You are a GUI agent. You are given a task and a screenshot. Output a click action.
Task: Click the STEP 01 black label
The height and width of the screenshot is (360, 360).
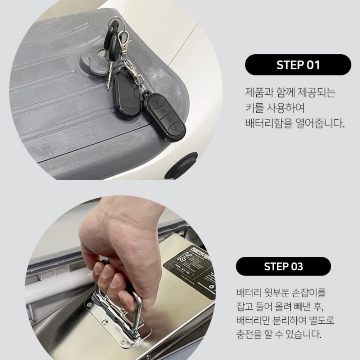click(x=298, y=65)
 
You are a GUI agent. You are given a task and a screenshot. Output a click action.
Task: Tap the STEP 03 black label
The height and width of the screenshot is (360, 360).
click(x=283, y=266)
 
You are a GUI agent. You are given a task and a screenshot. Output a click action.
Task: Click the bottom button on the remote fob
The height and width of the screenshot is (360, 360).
click(x=175, y=129)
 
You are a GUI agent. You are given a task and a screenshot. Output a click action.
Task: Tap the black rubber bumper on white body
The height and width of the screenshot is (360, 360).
click(x=182, y=166)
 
